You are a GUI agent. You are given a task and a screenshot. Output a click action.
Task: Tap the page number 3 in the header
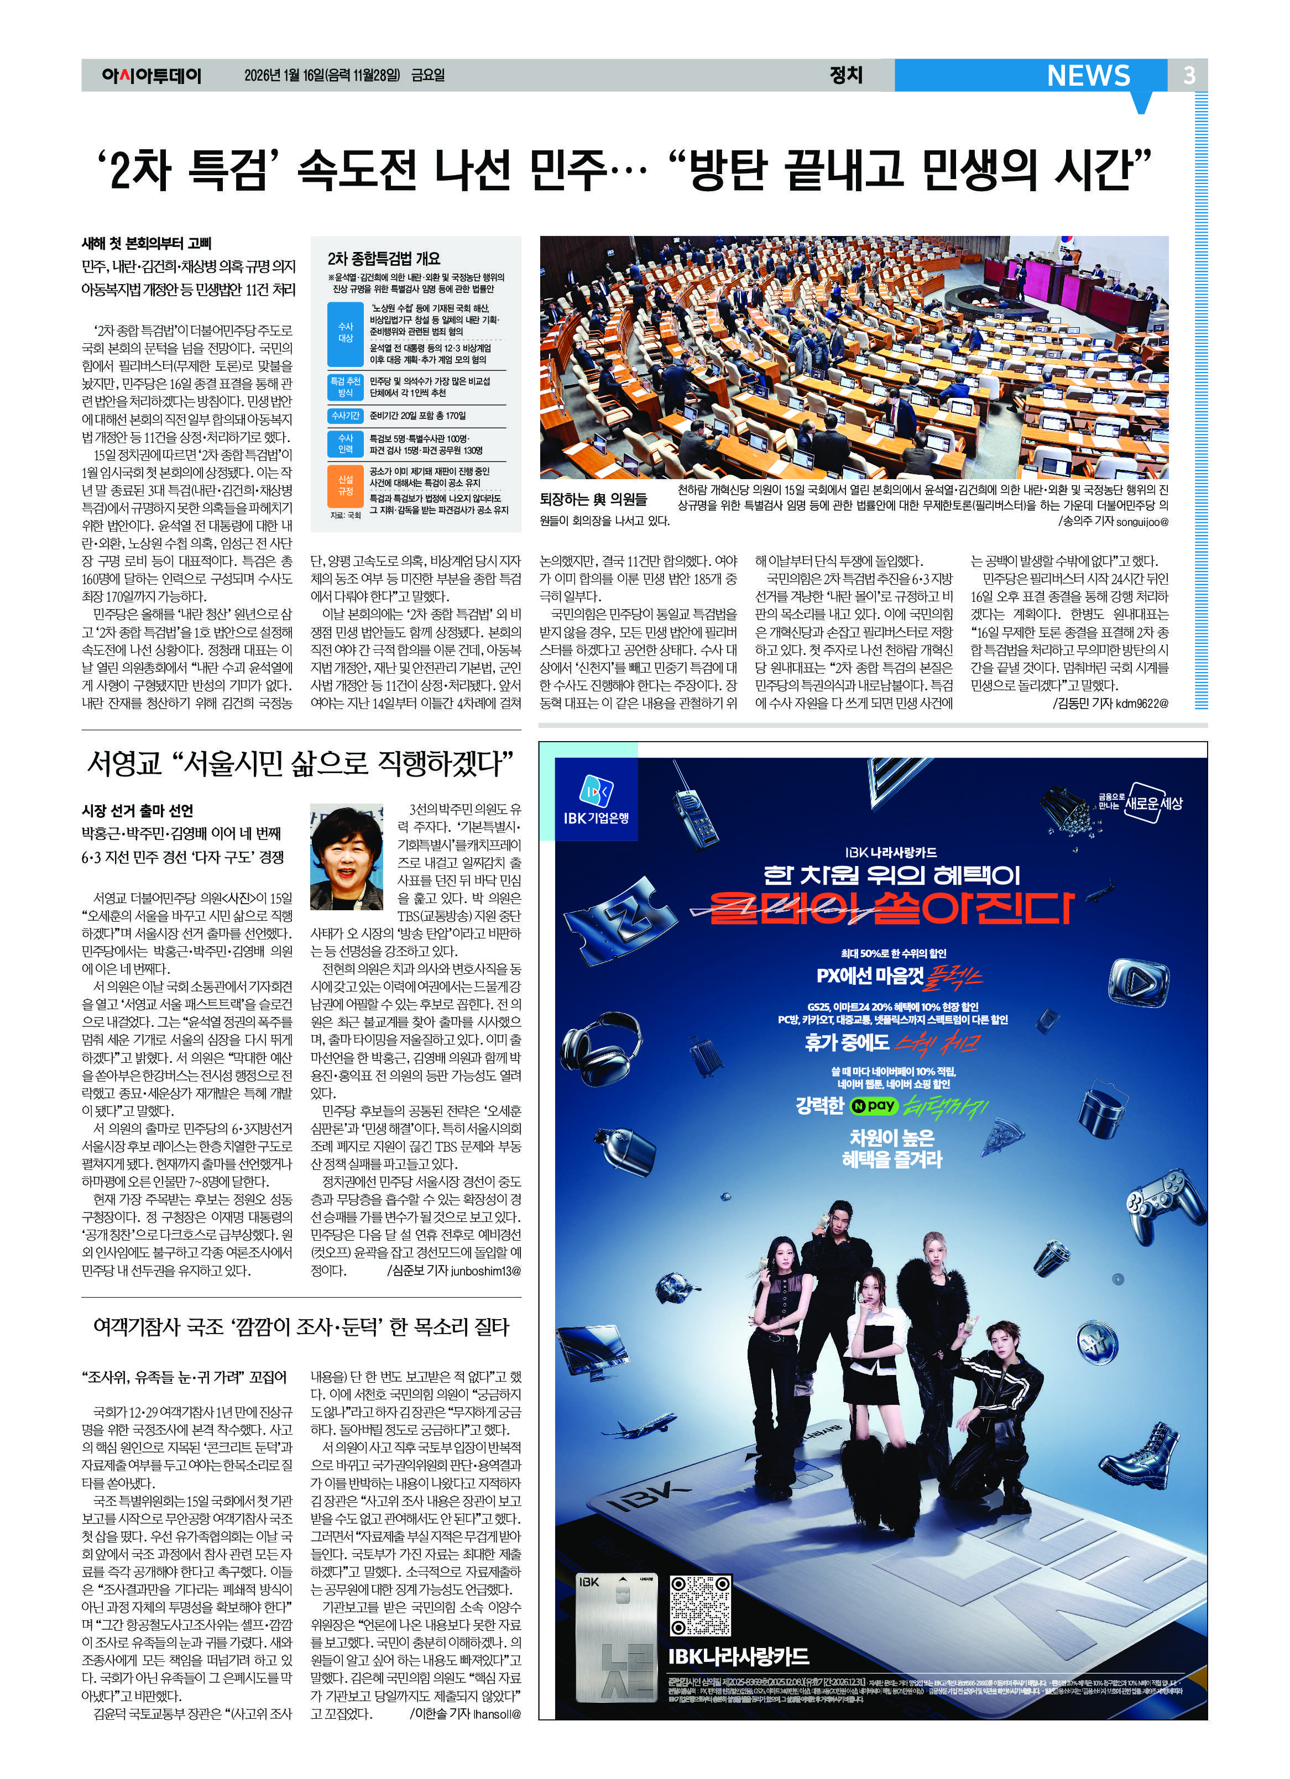[x=1189, y=75]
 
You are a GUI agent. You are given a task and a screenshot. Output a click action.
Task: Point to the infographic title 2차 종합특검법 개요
[x=384, y=258]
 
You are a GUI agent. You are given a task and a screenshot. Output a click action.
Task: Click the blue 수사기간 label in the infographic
[x=345, y=416]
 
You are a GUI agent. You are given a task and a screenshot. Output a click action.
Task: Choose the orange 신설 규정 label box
[x=345, y=485]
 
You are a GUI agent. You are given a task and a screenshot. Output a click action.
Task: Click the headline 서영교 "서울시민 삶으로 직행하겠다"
[x=301, y=763]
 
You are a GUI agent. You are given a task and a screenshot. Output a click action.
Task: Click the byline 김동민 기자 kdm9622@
[x=1110, y=704]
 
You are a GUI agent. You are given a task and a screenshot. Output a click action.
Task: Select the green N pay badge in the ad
[x=873, y=1106]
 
